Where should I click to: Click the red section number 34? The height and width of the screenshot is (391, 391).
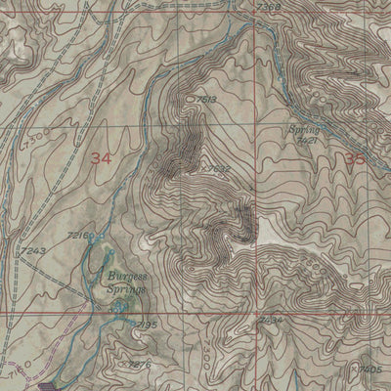(x=100, y=157)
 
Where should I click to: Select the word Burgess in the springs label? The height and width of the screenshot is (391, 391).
(x=124, y=278)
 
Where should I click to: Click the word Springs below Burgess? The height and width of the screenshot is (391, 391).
(x=126, y=289)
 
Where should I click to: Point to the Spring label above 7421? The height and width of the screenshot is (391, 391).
(x=304, y=129)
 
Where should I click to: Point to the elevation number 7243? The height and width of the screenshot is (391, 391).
(x=31, y=251)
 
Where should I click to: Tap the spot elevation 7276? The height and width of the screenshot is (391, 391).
(x=140, y=364)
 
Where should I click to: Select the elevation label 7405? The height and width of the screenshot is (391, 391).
(x=369, y=369)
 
